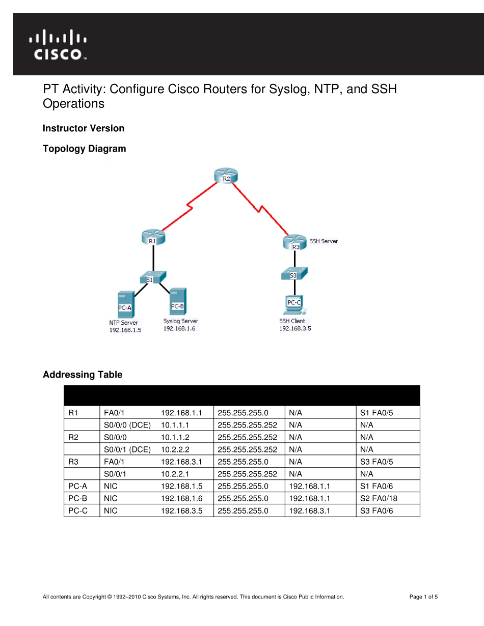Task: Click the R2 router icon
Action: point(227,176)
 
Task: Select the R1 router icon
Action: point(153,238)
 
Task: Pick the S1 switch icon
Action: point(152,277)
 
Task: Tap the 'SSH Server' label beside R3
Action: point(324,241)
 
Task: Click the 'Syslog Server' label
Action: point(180,321)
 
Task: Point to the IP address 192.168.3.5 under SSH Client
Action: point(295,329)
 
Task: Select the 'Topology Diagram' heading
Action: point(84,149)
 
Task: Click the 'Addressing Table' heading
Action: point(83,375)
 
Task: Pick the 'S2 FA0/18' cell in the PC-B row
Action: point(378,498)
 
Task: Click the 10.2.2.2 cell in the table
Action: point(175,449)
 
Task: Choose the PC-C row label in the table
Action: point(77,510)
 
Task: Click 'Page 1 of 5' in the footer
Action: point(423,597)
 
